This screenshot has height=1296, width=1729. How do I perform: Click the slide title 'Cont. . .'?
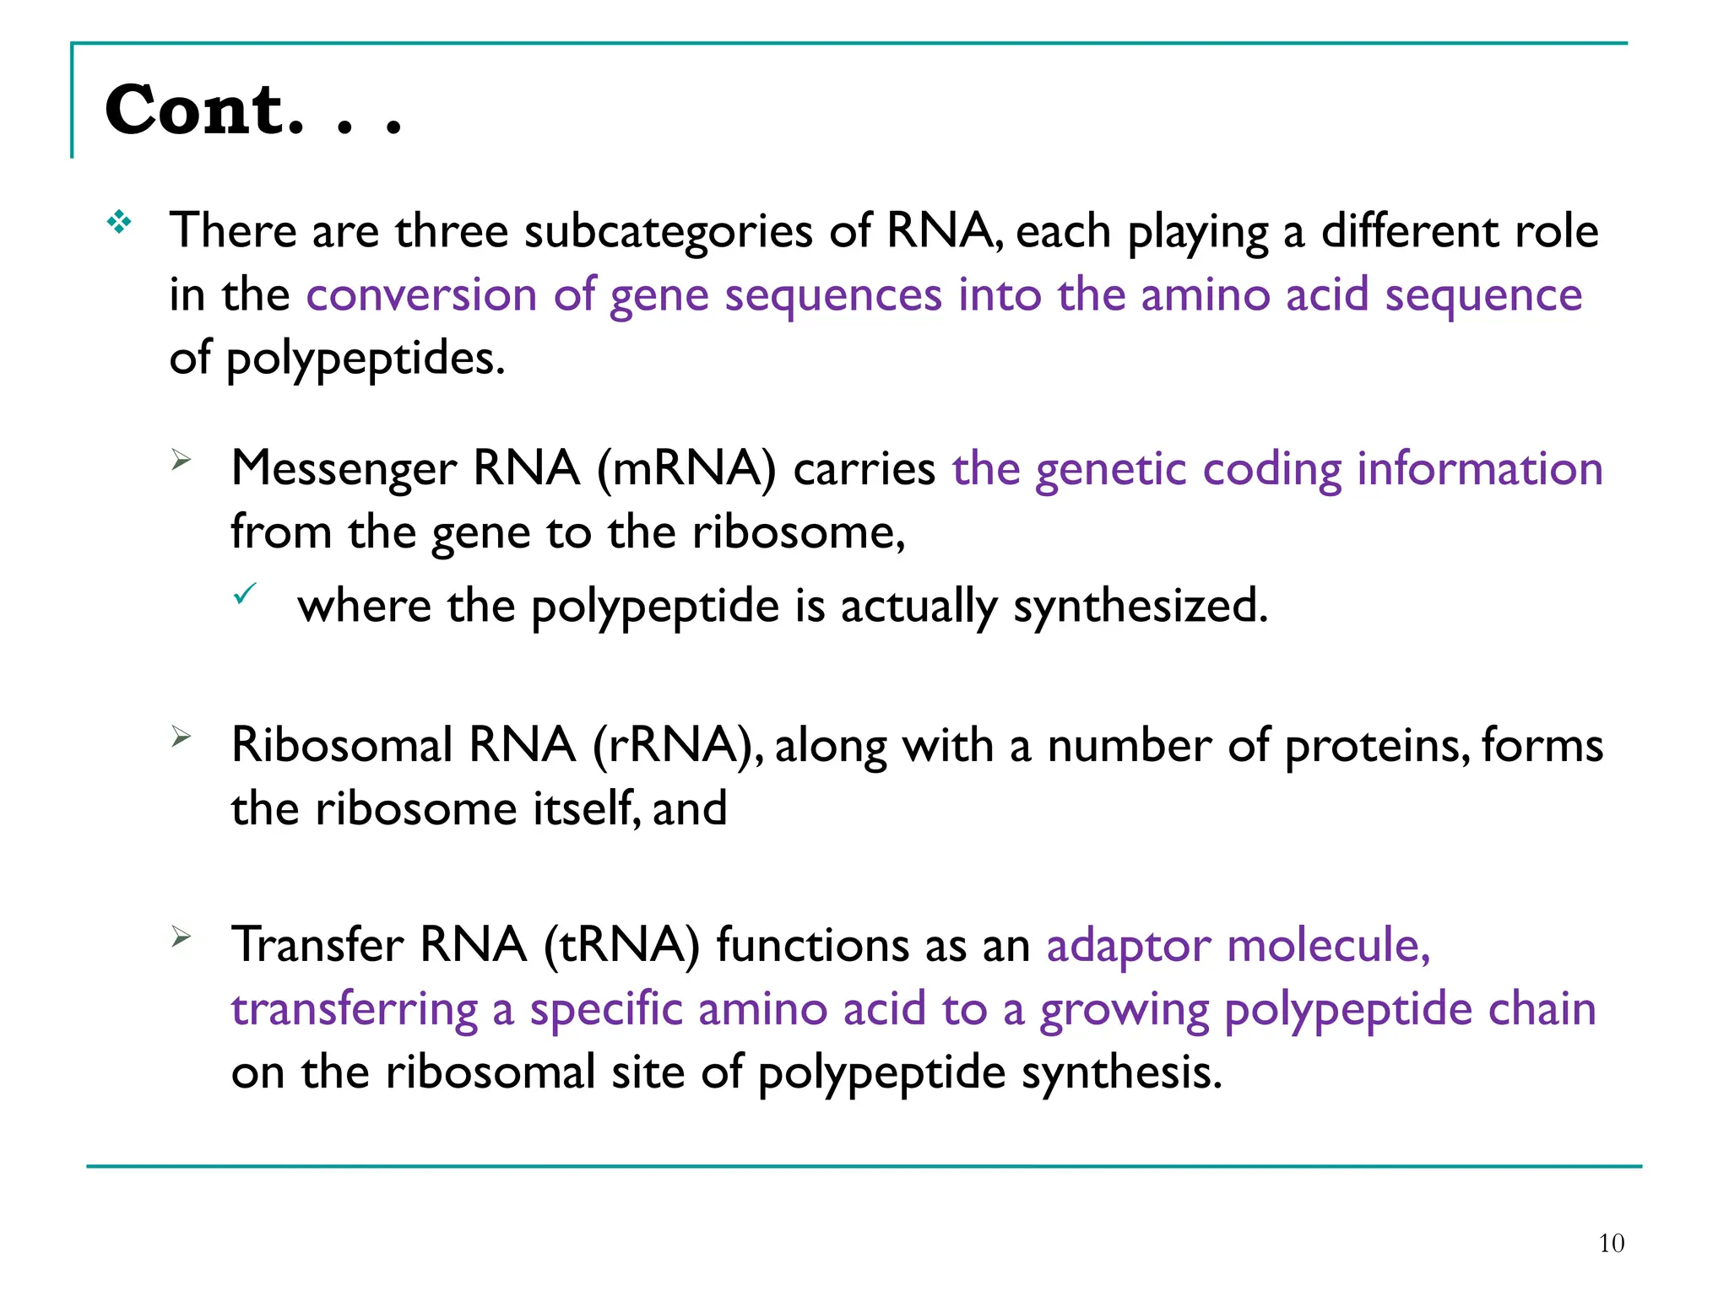(x=252, y=111)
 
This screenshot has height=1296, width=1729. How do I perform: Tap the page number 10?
(x=1611, y=1243)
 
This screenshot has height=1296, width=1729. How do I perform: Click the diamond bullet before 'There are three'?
(x=119, y=222)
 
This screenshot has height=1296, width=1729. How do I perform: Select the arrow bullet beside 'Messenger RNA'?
(x=182, y=460)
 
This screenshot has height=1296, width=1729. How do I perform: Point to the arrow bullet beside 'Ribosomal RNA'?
(x=182, y=737)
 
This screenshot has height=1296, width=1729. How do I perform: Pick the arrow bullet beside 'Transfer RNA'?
(x=182, y=936)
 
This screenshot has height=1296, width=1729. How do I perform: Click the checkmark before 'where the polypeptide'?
(x=245, y=595)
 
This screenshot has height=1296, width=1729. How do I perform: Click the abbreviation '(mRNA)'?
(x=686, y=468)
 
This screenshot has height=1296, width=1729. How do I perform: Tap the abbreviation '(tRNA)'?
(x=622, y=944)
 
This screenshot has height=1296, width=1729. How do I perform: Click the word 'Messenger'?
(x=343, y=470)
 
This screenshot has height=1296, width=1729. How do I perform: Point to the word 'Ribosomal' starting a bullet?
(x=342, y=745)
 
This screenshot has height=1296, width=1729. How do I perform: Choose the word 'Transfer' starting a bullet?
(x=317, y=944)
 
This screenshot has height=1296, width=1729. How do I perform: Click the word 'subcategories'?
(x=668, y=232)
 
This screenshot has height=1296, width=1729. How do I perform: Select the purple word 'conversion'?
(x=421, y=295)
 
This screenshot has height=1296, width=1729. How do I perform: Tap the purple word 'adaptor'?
(x=1129, y=946)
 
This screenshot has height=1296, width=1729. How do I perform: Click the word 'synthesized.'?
(x=1141, y=607)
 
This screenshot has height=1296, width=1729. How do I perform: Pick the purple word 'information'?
(x=1479, y=468)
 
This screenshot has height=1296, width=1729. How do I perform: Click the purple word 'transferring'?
(x=355, y=1010)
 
